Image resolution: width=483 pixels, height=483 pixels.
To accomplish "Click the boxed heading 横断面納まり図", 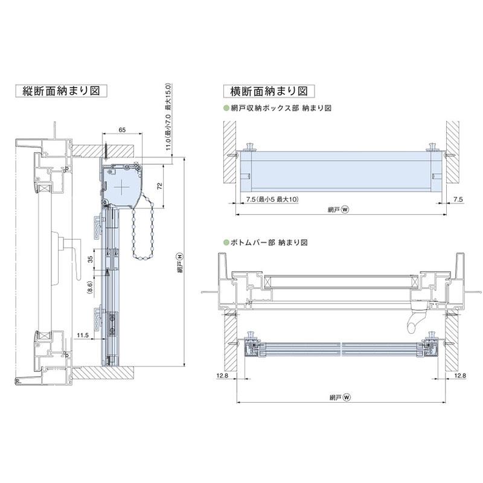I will pyautogui.click(x=269, y=91).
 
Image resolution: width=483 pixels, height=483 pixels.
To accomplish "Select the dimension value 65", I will pyautogui.click(x=123, y=130).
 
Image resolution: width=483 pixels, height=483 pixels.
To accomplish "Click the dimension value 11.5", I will pyautogui.click(x=83, y=334).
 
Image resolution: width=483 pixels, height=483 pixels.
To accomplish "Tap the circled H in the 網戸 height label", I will pyautogui.click(x=179, y=257).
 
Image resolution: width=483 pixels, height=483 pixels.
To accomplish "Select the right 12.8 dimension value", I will pyautogui.click(x=459, y=376).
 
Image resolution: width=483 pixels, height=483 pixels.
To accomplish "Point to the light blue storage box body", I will pyautogui.click(x=341, y=172).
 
